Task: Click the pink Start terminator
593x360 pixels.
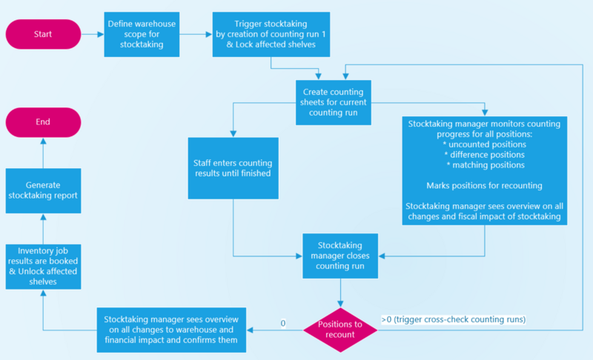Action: click(42, 33)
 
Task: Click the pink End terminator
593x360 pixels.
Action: click(42, 121)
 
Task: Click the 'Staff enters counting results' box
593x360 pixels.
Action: click(233, 168)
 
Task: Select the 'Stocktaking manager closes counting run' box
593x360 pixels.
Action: click(340, 255)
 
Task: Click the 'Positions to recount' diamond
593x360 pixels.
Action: click(340, 329)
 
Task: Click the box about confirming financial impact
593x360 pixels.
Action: click(170, 329)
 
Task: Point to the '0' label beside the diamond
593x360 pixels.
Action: click(283, 323)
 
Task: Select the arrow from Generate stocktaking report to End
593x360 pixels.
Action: click(42, 152)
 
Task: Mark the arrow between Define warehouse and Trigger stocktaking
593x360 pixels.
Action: click(195, 33)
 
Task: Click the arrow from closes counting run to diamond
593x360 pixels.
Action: click(340, 290)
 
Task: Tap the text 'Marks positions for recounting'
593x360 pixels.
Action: click(485, 184)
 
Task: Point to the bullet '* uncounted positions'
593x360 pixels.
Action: click(485, 144)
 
